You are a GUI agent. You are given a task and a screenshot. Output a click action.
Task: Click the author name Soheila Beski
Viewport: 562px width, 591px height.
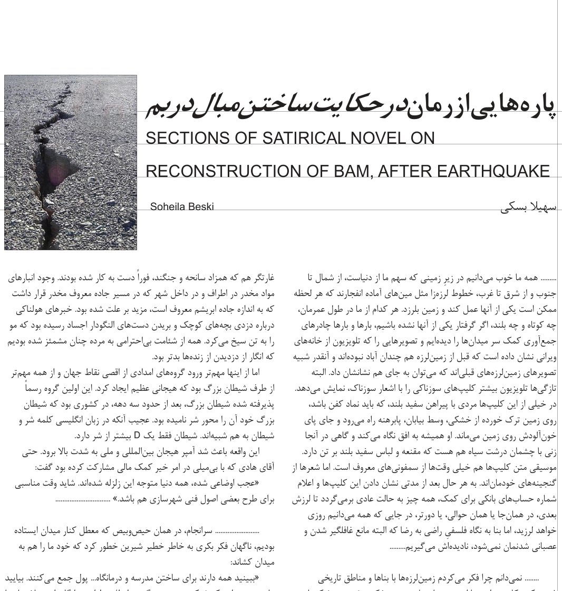pyautogui.click(x=182, y=206)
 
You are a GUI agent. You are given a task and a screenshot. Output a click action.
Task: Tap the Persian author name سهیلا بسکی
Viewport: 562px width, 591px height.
pyautogui.click(x=528, y=206)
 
